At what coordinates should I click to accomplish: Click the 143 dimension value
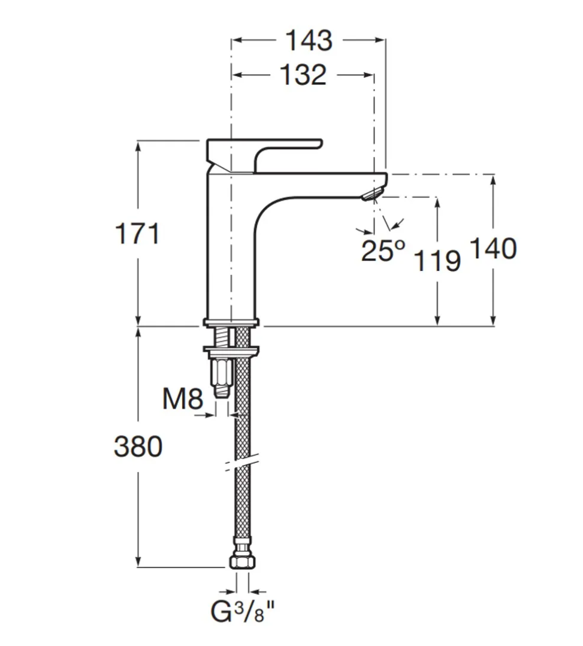pyautogui.click(x=309, y=40)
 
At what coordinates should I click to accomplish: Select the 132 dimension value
pyautogui.click(x=303, y=75)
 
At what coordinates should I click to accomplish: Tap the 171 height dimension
pyautogui.click(x=137, y=234)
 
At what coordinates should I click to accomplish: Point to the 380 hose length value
pyautogui.click(x=138, y=446)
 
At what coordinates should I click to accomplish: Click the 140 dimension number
pyautogui.click(x=493, y=249)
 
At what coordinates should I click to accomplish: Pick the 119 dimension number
pyautogui.click(x=437, y=261)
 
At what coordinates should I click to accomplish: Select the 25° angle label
pyautogui.click(x=383, y=250)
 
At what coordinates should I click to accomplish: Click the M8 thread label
pyautogui.click(x=183, y=399)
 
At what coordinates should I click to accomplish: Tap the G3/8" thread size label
pyautogui.click(x=242, y=611)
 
